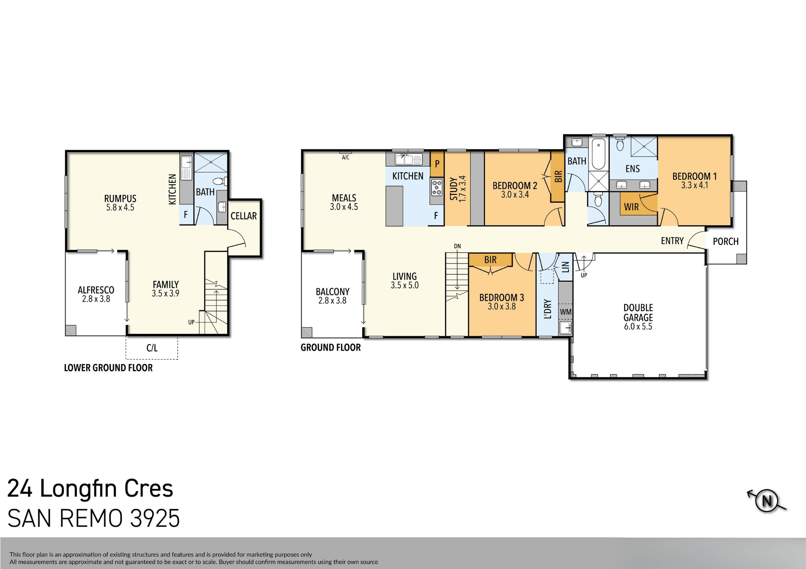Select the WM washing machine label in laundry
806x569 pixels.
pos(566,312)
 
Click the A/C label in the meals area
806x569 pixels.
pos(345,158)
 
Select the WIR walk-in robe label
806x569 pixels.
pos(631,207)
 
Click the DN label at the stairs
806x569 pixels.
pos(457,246)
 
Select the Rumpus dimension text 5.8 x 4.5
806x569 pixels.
pos(120,207)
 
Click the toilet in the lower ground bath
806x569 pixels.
pos(219,181)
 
